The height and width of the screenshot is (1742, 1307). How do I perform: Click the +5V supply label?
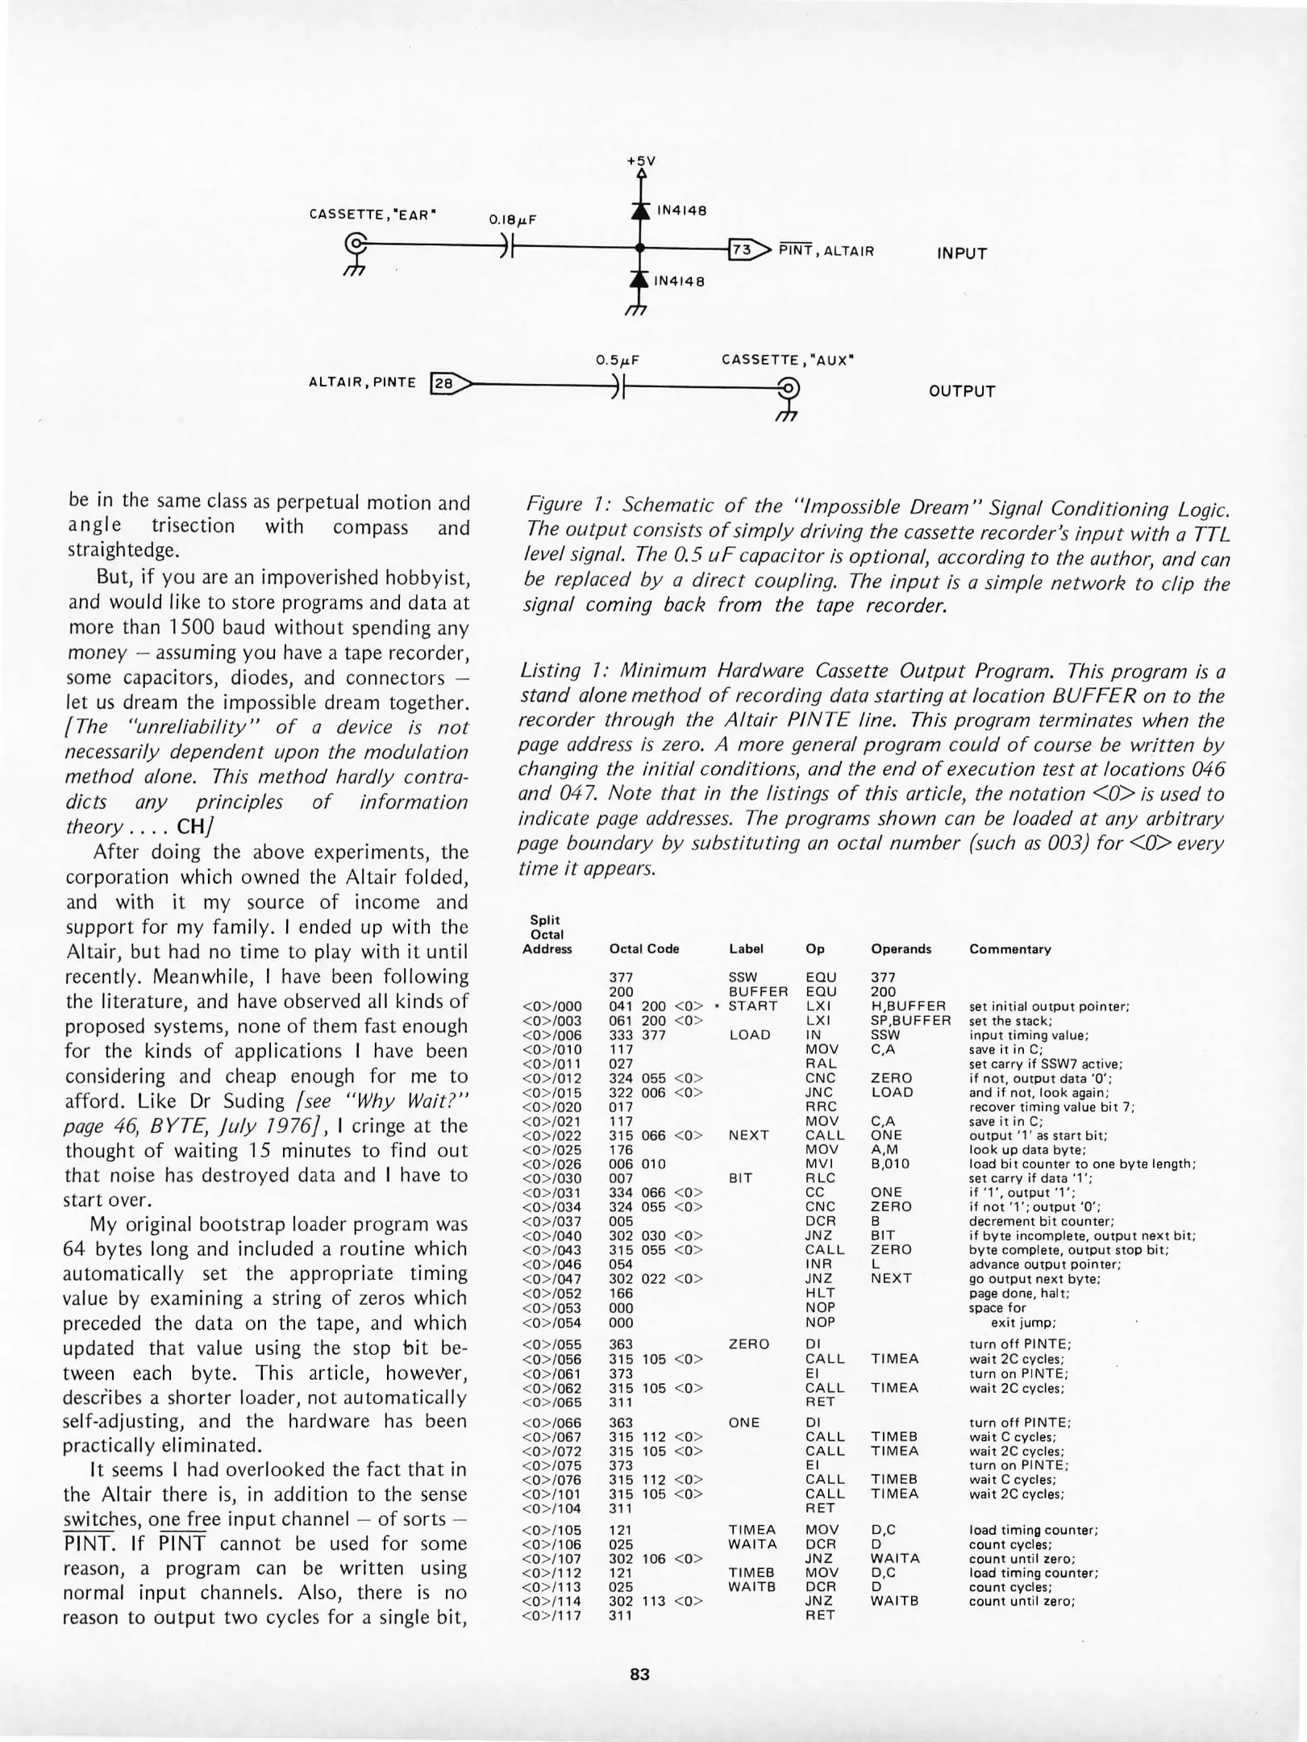(x=641, y=160)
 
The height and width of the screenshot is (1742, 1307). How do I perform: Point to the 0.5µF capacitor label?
(x=618, y=360)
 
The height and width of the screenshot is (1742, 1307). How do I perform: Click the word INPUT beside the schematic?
(x=961, y=253)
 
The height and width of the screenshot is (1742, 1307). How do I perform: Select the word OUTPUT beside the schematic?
(x=962, y=391)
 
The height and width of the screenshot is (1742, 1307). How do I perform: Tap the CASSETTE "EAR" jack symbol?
(x=355, y=244)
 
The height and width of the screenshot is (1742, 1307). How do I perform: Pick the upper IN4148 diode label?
(x=681, y=211)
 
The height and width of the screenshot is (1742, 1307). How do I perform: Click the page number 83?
(x=639, y=1674)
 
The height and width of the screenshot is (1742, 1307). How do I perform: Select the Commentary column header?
(x=1009, y=949)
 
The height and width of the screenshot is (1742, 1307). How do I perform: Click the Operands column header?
(x=901, y=949)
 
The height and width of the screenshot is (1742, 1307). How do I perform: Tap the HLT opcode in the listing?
(x=820, y=1293)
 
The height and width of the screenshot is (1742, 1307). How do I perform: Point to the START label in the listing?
(x=752, y=1006)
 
